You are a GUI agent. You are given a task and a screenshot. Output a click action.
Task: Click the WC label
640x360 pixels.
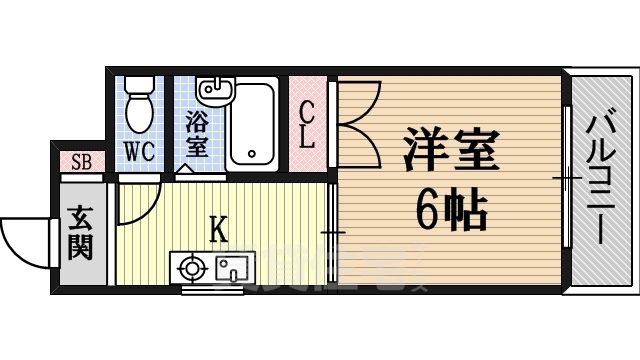click(x=138, y=154)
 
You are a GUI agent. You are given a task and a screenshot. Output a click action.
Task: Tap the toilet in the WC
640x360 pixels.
click(x=138, y=108)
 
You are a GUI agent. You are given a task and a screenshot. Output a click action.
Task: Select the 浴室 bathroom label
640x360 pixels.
click(x=196, y=134)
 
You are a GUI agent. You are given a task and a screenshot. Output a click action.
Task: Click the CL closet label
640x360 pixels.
click(x=307, y=124)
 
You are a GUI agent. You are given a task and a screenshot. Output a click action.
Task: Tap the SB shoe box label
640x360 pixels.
click(x=79, y=161)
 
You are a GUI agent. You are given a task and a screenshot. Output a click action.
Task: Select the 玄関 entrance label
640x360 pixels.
click(x=81, y=232)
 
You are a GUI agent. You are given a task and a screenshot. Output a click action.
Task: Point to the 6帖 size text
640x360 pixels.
click(x=451, y=210)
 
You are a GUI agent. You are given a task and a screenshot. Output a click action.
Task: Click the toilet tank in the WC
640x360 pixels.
click(x=138, y=87)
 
